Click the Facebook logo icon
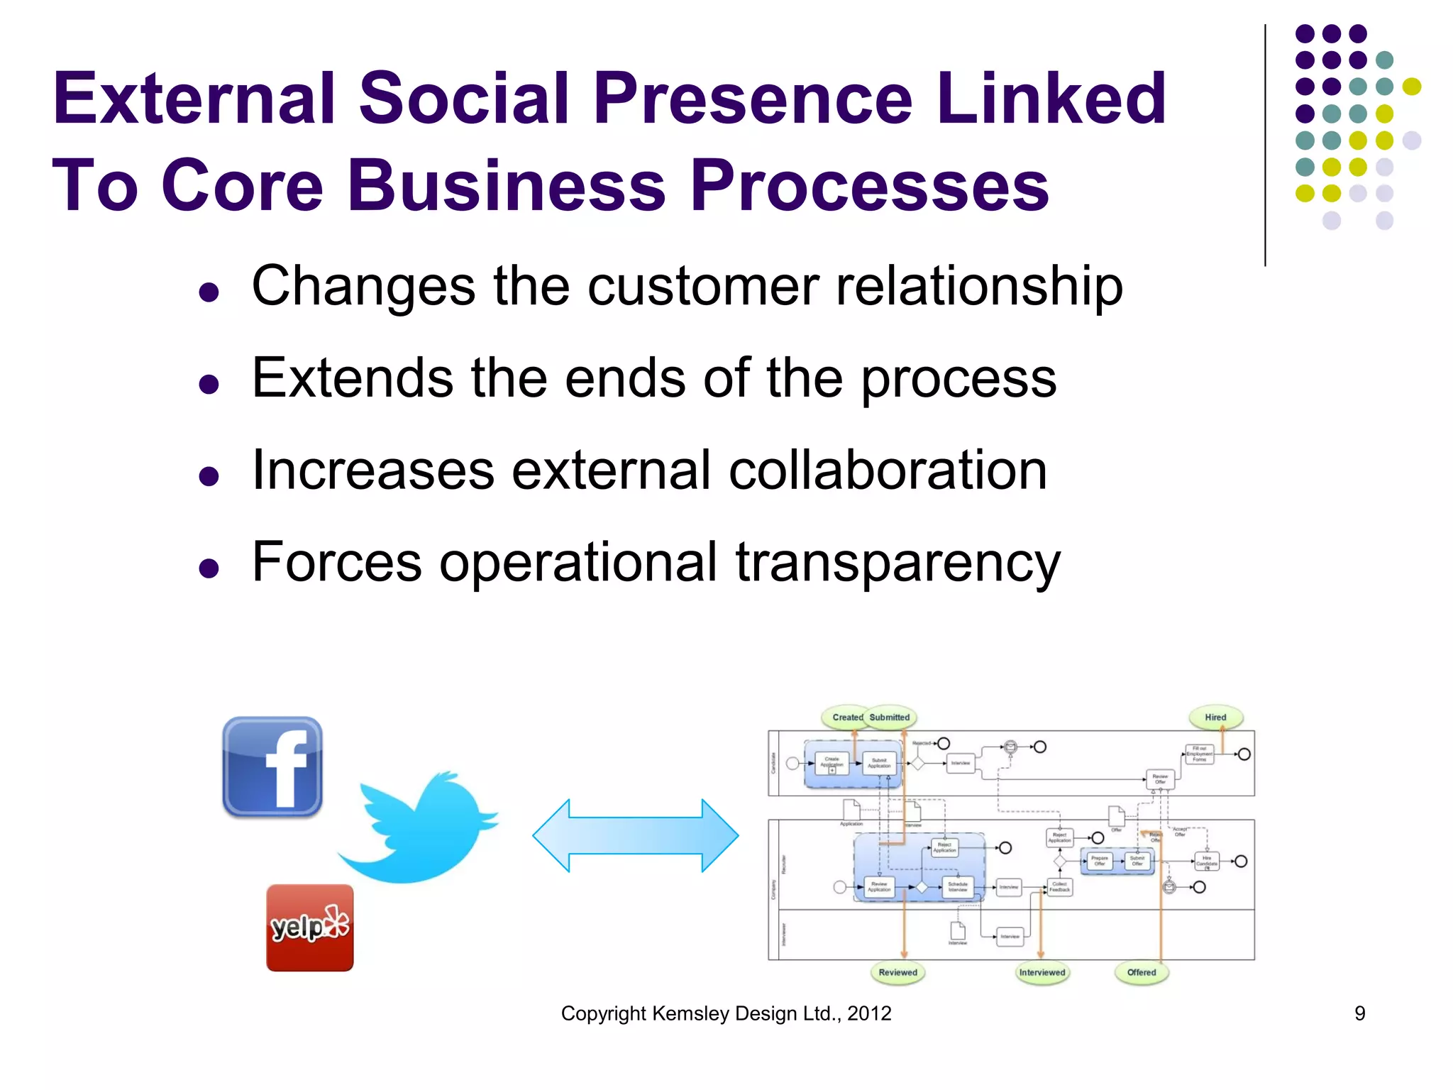[272, 767]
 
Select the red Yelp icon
[309, 927]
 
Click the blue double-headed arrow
[635, 835]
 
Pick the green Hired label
[1215, 717]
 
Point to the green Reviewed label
[897, 972]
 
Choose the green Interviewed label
[1042, 972]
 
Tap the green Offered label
[1141, 972]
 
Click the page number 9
[1359, 1013]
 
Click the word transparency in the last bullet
[897, 563]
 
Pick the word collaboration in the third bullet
[888, 470]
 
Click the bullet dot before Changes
[209, 292]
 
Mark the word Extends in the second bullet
[353, 378]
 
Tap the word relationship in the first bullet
[979, 287]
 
